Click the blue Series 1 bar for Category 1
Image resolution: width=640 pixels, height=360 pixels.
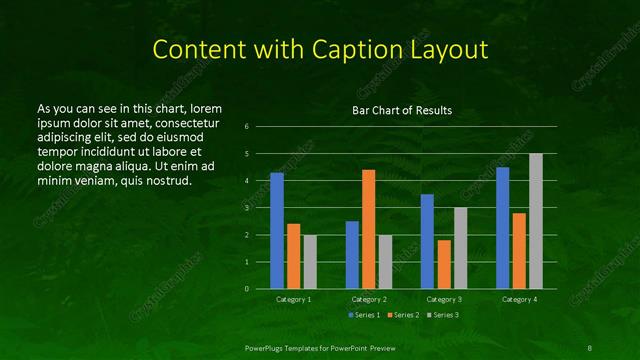tap(277, 231)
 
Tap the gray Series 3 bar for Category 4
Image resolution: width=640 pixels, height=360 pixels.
tap(536, 221)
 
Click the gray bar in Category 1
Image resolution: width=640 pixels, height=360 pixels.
tap(310, 262)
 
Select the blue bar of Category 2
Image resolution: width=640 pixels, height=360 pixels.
tap(352, 255)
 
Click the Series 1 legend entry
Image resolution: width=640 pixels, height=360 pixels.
tap(364, 315)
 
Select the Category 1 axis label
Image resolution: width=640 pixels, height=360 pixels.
tap(294, 299)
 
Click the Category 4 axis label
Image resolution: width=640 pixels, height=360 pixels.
tap(519, 299)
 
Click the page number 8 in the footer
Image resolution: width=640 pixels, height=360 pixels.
tap(589, 347)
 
